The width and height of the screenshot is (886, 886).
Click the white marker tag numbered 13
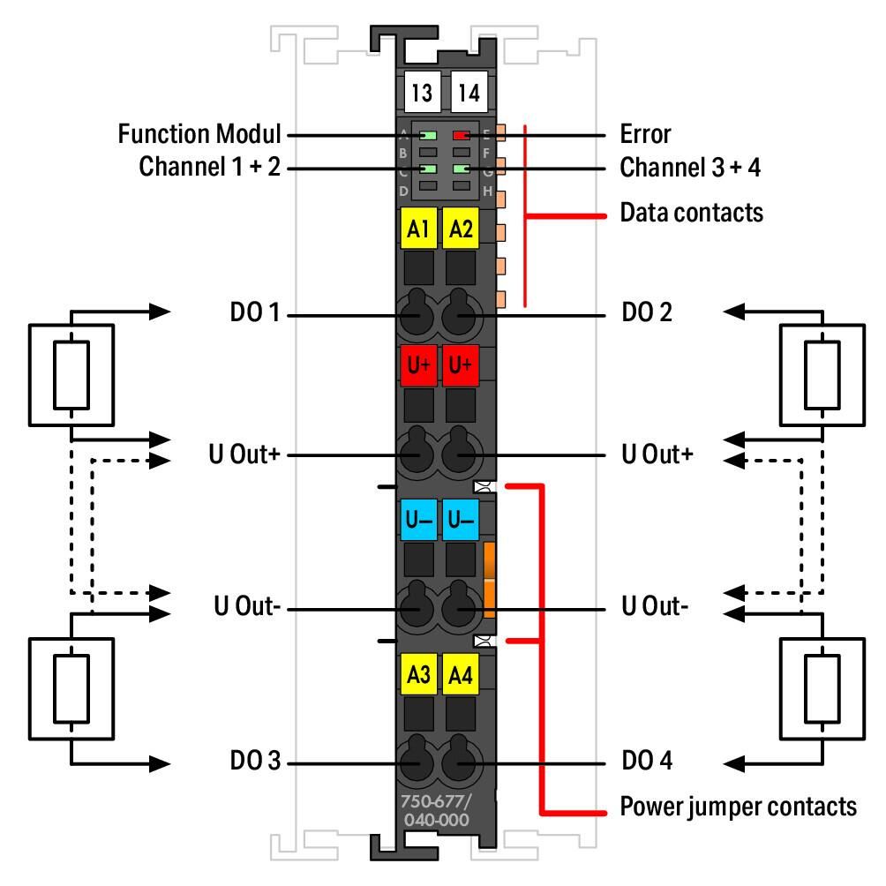(422, 92)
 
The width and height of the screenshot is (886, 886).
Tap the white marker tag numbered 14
(469, 92)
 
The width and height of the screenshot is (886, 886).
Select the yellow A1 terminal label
(418, 229)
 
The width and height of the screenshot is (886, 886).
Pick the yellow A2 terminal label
(461, 229)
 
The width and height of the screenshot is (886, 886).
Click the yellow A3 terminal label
(418, 673)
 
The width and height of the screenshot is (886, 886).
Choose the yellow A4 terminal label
(461, 673)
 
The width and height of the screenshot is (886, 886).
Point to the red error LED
(461, 136)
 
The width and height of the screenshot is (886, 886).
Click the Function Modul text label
(199, 134)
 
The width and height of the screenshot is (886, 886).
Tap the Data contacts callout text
(692, 213)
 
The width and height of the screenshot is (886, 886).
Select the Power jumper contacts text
(738, 807)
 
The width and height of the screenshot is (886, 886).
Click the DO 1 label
(255, 312)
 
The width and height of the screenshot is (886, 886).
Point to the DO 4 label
(647, 760)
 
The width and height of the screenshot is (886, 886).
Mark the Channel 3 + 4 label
(690, 168)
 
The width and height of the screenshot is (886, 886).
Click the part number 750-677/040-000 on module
(436, 810)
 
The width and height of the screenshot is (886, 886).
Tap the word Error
(645, 134)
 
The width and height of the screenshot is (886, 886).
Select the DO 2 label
(647, 312)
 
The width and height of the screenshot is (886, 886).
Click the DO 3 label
(255, 760)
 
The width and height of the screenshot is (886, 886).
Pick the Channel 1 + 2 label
(210, 167)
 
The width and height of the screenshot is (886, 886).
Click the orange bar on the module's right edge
(490, 580)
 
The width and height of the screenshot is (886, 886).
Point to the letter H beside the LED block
(488, 191)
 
